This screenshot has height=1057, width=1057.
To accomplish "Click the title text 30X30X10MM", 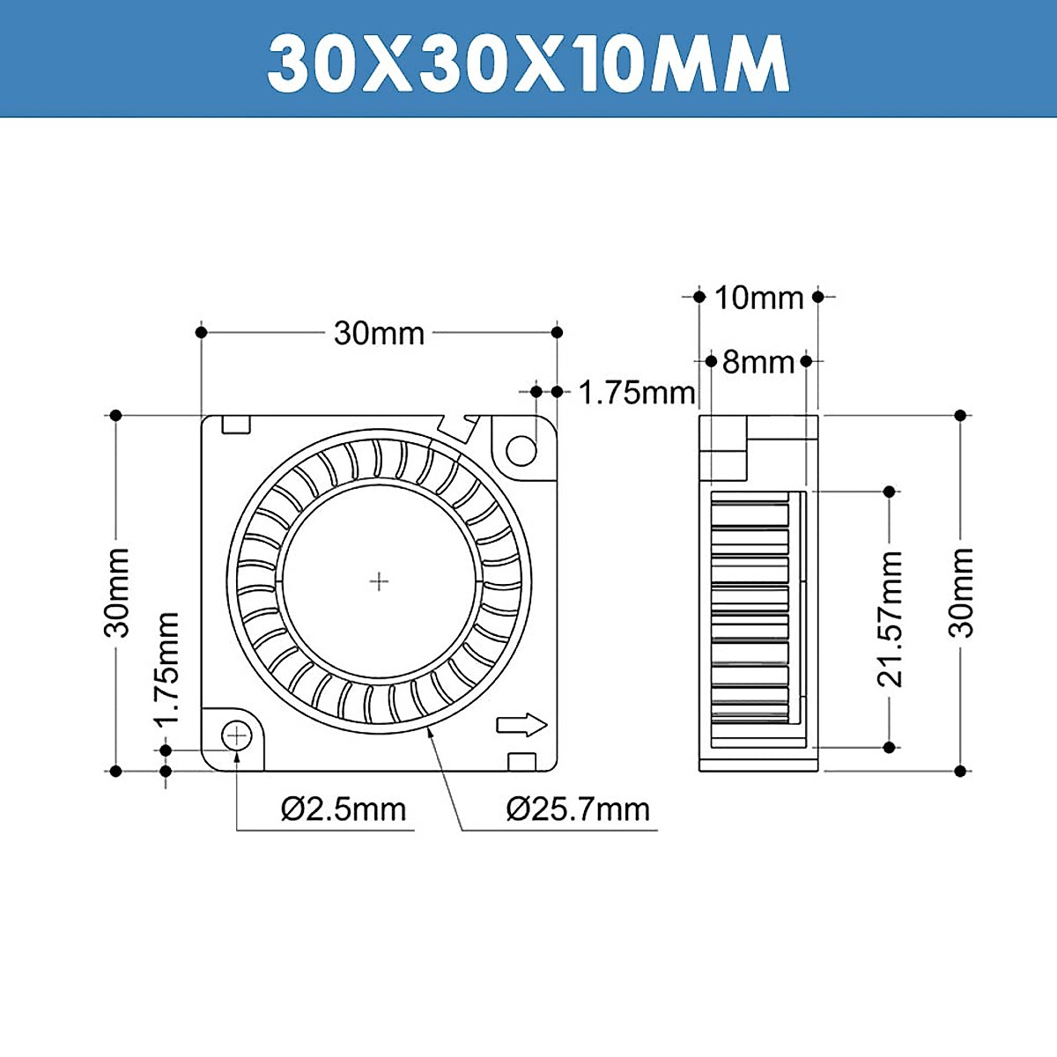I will coord(528,63).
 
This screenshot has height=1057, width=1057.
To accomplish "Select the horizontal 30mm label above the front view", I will coord(379,333).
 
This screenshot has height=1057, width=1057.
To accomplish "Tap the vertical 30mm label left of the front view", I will coord(116,592).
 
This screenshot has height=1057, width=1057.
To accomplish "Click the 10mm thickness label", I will coord(758,298).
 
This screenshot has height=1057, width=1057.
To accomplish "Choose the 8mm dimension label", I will coord(758,361).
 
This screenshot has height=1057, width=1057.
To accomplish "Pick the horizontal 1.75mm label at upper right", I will coord(637,392).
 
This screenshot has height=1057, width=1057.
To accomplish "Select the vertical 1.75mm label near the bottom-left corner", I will coord(166,669).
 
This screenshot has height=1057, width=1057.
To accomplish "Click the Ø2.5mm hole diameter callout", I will coord(344,809).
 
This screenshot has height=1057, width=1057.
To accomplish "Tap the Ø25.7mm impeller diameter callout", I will coord(578,809).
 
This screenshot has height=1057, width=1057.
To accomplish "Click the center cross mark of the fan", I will coord(379,581).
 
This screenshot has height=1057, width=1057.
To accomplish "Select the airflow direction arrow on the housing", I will coord(521,725).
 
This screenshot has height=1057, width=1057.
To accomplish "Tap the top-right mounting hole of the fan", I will coord(521,451).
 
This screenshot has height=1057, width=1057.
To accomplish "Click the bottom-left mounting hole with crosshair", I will coord(237,735).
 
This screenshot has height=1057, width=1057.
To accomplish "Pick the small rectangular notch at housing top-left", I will coord(236,425).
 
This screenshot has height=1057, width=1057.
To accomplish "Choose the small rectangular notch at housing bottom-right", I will coord(521,761).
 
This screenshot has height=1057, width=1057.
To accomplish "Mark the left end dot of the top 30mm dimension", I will coord(202,332).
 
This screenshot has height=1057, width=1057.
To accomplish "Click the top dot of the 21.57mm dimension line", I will coord(890,491).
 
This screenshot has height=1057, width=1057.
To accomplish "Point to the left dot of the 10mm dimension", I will coord(699,297).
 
